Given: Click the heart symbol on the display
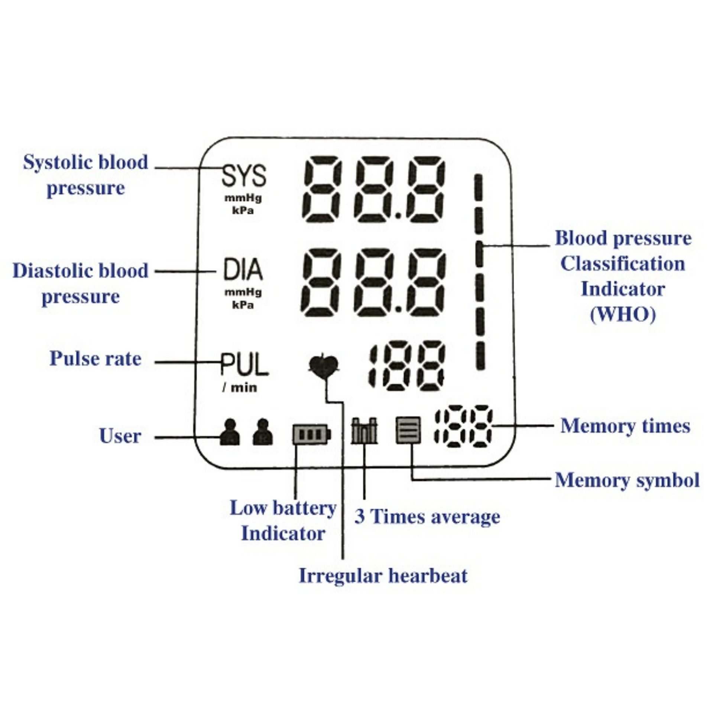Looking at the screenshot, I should point(324,366).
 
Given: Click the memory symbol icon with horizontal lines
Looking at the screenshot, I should point(408,430).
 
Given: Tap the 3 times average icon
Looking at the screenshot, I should point(364,431).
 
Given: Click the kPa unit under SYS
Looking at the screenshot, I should point(243,211).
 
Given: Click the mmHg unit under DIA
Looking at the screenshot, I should point(243,292).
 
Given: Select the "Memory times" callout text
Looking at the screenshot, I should point(625,426).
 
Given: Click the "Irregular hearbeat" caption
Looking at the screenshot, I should point(383,576).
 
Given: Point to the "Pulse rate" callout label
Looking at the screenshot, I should point(95,359).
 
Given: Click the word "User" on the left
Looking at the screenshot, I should point(120,436).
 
